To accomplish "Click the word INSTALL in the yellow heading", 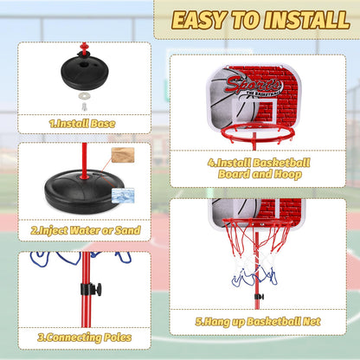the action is [307, 20].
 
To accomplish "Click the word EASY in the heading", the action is [198, 20].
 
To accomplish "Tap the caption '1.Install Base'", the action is [82, 124].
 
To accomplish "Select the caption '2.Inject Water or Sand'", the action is [86, 230].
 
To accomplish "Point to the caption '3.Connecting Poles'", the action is [85, 337].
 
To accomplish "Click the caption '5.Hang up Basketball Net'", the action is [258, 322].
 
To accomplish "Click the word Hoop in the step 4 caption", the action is [287, 174].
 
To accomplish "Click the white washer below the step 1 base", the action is [84, 96].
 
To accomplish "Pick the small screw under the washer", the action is [84, 106].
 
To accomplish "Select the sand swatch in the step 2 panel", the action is [123, 155].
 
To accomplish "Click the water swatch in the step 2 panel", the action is [123, 196].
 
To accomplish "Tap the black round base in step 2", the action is [84, 191].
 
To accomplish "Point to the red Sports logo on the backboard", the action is [253, 85].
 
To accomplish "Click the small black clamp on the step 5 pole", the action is [259, 297].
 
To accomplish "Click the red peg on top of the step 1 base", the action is [84, 48].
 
